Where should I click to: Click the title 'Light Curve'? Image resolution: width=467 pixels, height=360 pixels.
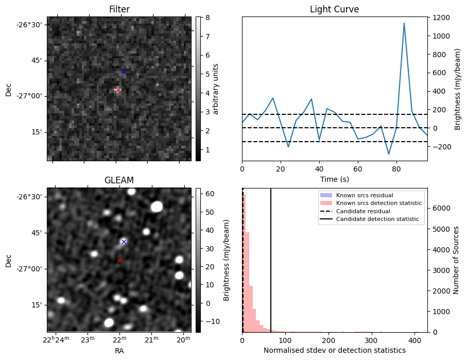pyautogui.click(x=334, y=9)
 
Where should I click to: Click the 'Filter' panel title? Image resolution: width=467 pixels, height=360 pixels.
pyautogui.click(x=119, y=9)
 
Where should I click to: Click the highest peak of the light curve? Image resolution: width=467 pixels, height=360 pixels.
pyautogui.click(x=404, y=23)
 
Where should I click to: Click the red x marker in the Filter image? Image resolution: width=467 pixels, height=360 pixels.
pyautogui.click(x=118, y=90)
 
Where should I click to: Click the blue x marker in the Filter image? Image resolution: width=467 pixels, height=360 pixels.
pyautogui.click(x=123, y=72)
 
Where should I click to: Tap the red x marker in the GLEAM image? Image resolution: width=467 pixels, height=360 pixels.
pyautogui.click(x=119, y=260)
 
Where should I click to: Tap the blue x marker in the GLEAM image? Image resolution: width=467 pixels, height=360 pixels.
pyautogui.click(x=124, y=242)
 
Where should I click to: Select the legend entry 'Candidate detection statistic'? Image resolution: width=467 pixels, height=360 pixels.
pyautogui.click(x=379, y=220)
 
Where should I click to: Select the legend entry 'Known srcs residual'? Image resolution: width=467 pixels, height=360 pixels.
pyautogui.click(x=364, y=195)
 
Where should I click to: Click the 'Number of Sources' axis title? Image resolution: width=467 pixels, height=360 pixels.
pyautogui.click(x=456, y=260)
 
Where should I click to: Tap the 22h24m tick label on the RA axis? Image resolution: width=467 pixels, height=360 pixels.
pyautogui.click(x=55, y=339)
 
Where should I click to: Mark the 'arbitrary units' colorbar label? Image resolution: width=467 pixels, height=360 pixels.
pyautogui.click(x=216, y=89)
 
